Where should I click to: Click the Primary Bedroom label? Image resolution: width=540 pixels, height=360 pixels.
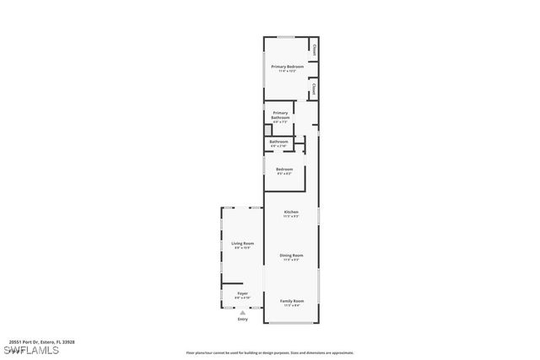(288, 67)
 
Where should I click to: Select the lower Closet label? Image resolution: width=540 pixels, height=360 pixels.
(313, 88)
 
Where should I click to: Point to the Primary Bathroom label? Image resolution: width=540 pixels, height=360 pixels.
(281, 115)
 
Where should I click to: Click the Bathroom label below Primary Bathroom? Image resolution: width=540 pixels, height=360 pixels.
(278, 142)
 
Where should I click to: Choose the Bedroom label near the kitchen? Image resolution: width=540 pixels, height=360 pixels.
(283, 169)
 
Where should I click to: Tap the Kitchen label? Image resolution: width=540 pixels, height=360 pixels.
(291, 212)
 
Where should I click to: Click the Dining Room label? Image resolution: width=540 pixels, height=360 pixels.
(291, 255)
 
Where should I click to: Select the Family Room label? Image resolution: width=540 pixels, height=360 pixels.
(291, 301)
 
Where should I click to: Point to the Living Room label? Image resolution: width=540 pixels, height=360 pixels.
(243, 244)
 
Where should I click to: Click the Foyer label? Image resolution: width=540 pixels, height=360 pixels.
(242, 293)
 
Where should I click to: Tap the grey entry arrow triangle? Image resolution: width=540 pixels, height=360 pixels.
(243, 313)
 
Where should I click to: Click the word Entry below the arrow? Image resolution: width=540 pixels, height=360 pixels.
(243, 320)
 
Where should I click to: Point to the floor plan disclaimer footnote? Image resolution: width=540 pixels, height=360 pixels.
(270, 353)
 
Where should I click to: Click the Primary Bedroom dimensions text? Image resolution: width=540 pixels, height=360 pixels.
(288, 72)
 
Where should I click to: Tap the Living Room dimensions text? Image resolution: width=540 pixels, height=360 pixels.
(243, 248)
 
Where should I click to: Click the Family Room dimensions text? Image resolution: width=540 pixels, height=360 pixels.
(291, 305)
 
